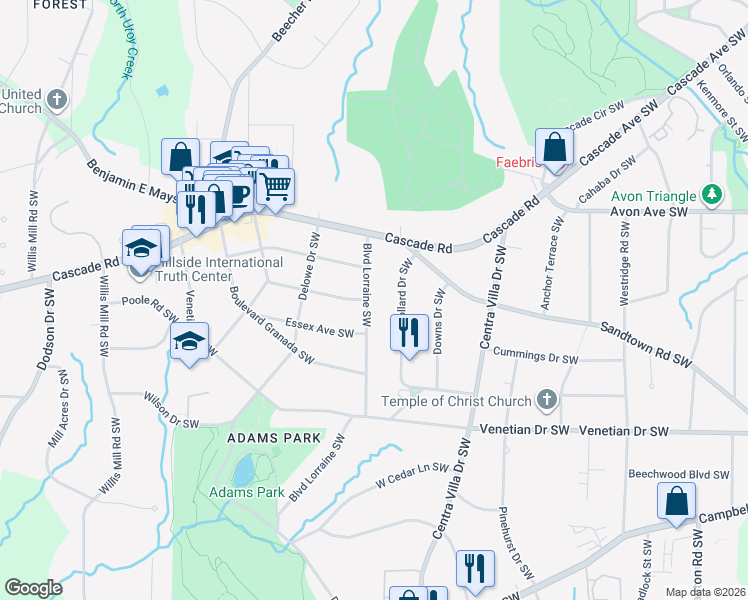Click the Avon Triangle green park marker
[711, 193]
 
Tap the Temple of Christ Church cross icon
[546, 401]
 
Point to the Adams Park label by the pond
[248, 492]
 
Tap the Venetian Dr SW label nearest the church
[524, 429]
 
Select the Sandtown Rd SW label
[646, 342]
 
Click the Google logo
[33, 588]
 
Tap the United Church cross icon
[57, 99]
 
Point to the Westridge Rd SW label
[623, 260]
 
